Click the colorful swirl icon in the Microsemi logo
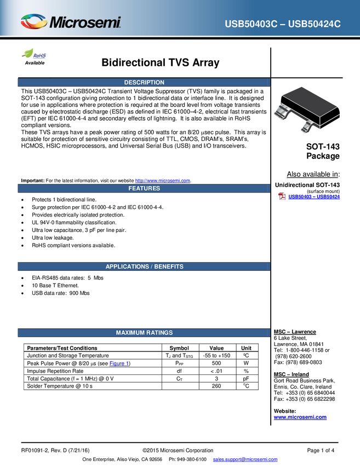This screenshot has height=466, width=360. pos(34,22)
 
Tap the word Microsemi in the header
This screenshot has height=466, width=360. pos(85,23)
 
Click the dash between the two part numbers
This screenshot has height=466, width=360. pos(282,24)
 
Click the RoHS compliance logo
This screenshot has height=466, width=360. pos(35,54)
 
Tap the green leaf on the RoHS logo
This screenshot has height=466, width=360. pos(28,51)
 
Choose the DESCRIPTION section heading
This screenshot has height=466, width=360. pos(144,83)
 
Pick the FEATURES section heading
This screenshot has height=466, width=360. pos(144,189)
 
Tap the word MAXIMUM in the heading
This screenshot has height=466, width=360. pos(130,333)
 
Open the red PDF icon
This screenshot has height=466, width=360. pos(282,197)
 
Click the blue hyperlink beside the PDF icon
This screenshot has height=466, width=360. pos(315,197)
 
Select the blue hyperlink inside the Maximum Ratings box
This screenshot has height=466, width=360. pos(118,363)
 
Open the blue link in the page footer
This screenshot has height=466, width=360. pos(245,459)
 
